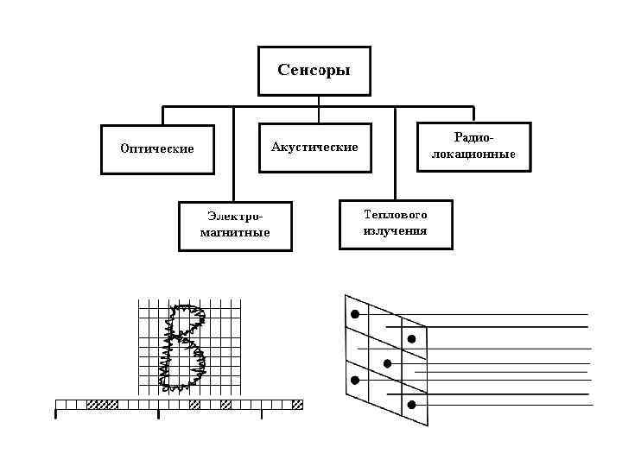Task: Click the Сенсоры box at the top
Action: tap(314, 71)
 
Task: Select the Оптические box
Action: tap(156, 149)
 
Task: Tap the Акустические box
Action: tap(314, 148)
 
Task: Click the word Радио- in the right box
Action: tap(474, 137)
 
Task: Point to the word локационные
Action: tap(474, 154)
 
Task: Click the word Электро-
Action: tap(234, 217)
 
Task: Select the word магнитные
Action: tap(234, 233)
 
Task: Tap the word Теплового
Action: tap(396, 215)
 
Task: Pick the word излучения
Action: tap(396, 231)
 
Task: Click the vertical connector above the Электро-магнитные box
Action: tap(233, 155)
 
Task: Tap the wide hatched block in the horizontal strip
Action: tap(103, 404)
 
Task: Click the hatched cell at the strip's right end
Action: tap(297, 404)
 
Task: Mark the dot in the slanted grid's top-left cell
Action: tap(354, 313)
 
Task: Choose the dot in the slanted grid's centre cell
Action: tap(387, 363)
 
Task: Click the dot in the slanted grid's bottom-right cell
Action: tap(411, 405)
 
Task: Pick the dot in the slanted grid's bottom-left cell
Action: tap(354, 380)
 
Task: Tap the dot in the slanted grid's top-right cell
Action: tap(412, 337)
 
